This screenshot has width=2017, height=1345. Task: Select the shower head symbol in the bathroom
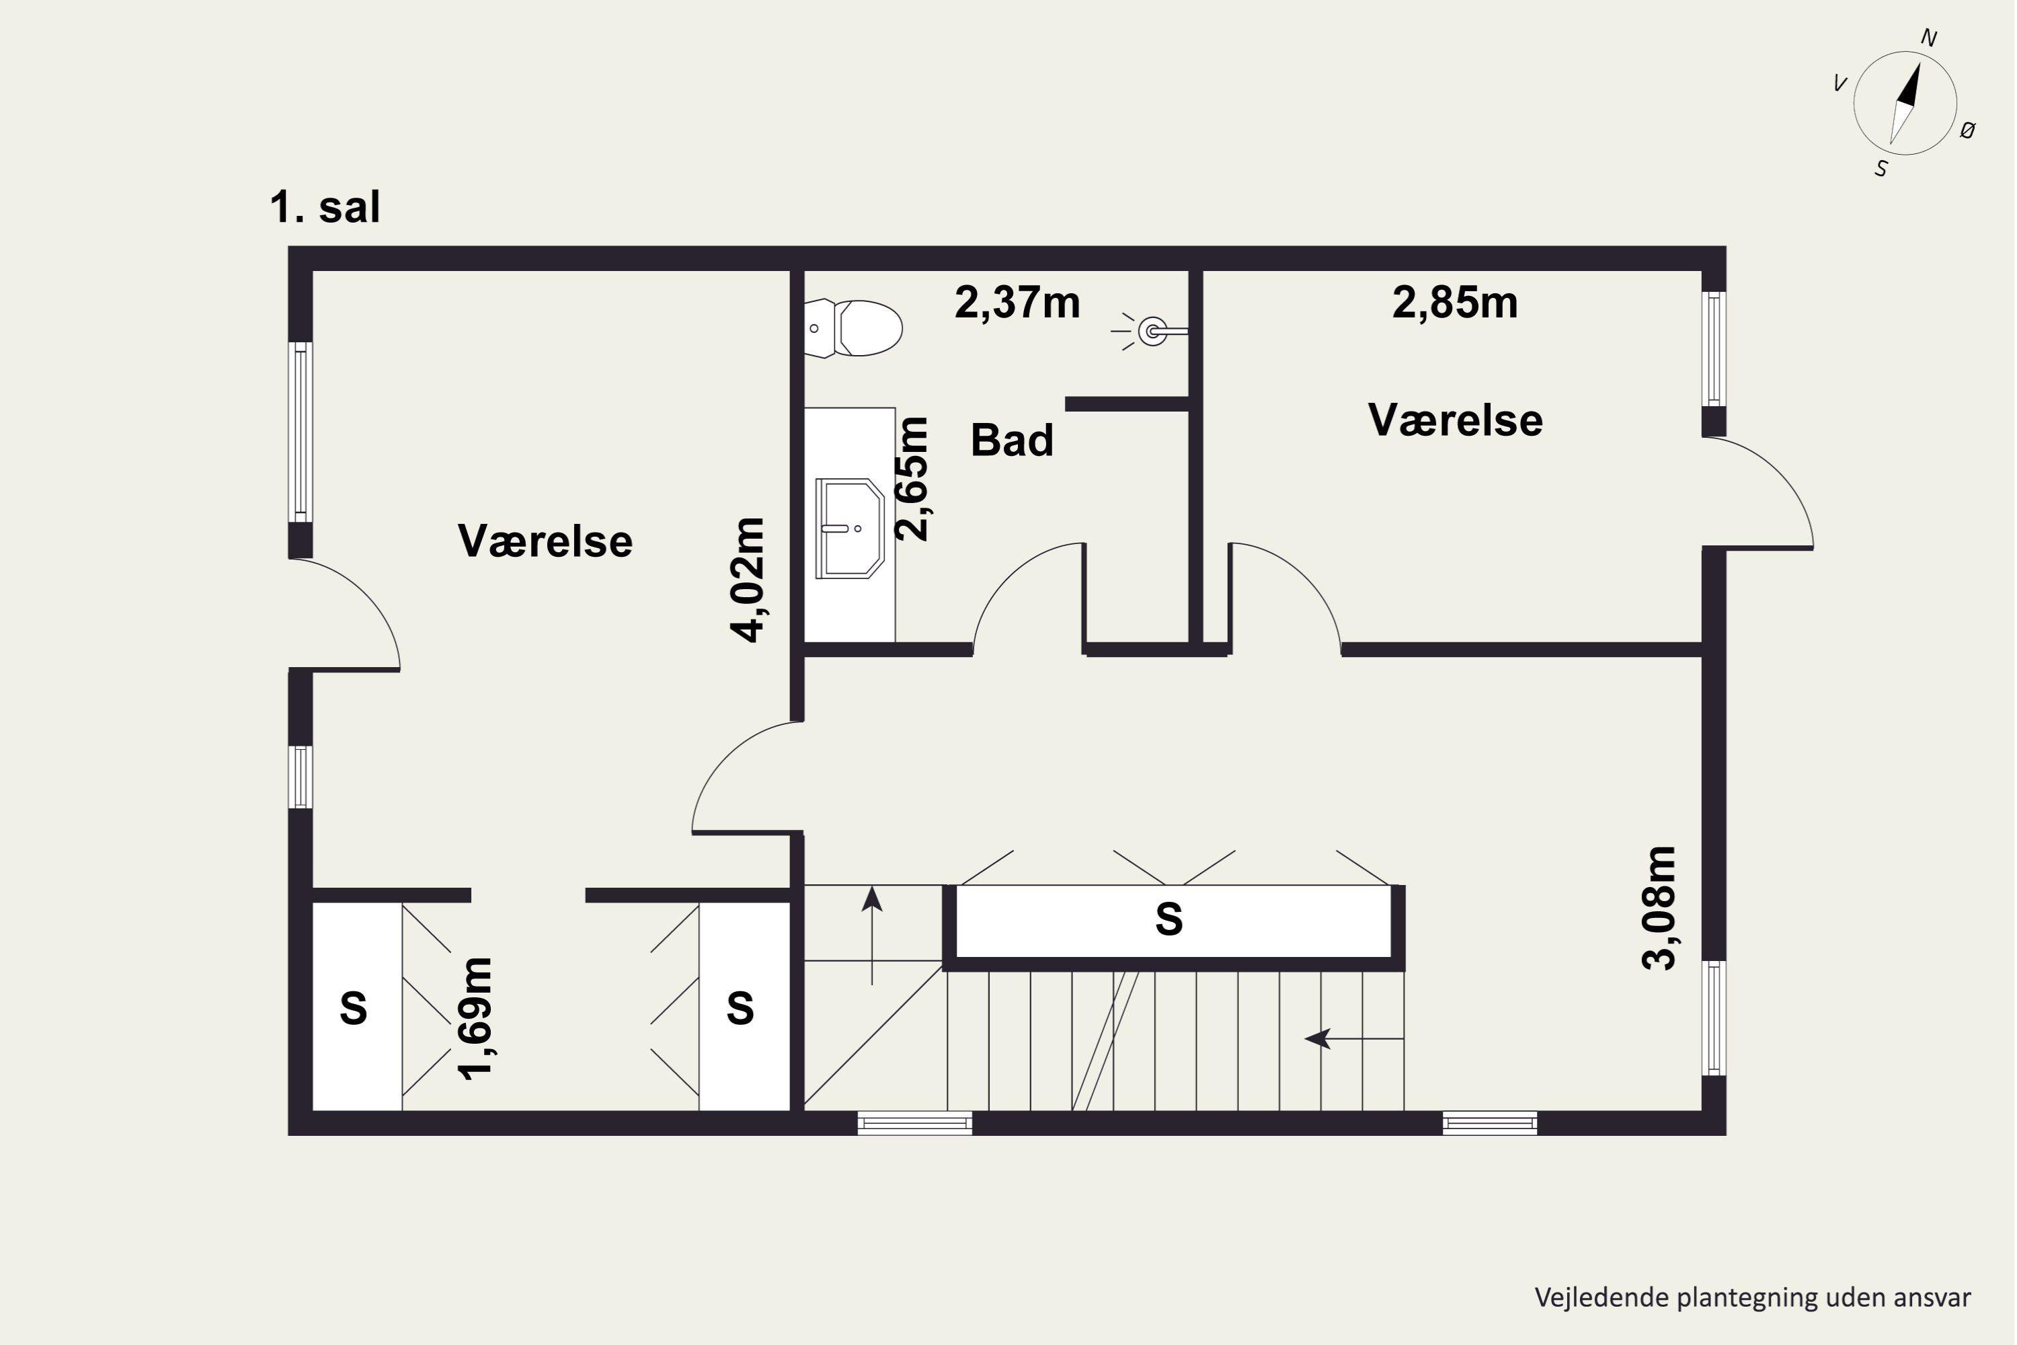[1152, 331]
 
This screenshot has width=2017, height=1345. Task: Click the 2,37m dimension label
[1017, 303]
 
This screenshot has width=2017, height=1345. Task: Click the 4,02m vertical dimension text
[748, 579]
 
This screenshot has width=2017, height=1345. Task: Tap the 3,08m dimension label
[1659, 907]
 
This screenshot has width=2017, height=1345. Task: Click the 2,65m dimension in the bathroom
[912, 479]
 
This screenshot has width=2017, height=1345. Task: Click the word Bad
[1012, 440]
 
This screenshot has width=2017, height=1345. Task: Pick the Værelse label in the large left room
[545, 541]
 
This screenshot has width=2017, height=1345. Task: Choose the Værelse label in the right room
[1456, 420]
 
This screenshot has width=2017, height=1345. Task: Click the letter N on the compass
[1929, 38]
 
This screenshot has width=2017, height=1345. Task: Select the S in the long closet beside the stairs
[1169, 919]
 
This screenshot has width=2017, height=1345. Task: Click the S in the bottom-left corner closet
[354, 1008]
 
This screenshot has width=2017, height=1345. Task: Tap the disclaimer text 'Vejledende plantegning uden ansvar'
[1752, 1298]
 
